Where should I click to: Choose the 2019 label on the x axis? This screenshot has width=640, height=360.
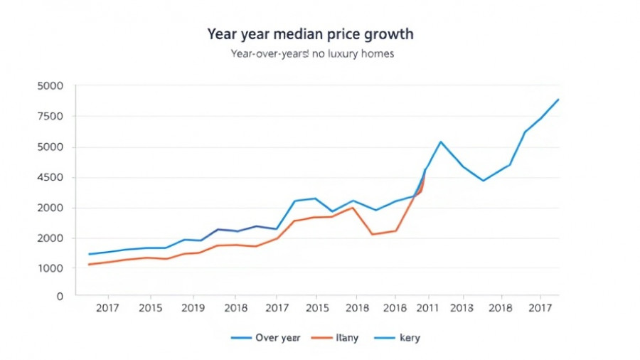pyautogui.click(x=193, y=308)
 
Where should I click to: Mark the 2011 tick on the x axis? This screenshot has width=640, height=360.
pyautogui.click(x=427, y=308)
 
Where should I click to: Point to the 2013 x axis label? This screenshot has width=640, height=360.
pyautogui.click(x=462, y=308)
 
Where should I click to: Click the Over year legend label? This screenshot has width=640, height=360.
pyautogui.click(x=277, y=338)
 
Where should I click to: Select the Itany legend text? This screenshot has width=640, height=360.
pyautogui.click(x=347, y=338)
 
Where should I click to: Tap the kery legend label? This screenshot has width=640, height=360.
pyautogui.click(x=410, y=338)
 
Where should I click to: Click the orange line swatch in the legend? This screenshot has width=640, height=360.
pyautogui.click(x=321, y=338)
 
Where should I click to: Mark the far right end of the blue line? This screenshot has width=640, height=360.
pyautogui.click(x=559, y=99)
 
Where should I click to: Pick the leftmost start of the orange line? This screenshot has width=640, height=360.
pyautogui.click(x=88, y=265)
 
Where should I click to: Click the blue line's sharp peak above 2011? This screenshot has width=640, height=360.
pyautogui.click(x=441, y=142)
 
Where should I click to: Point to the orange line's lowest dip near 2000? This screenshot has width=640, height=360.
pyautogui.click(x=372, y=234)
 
